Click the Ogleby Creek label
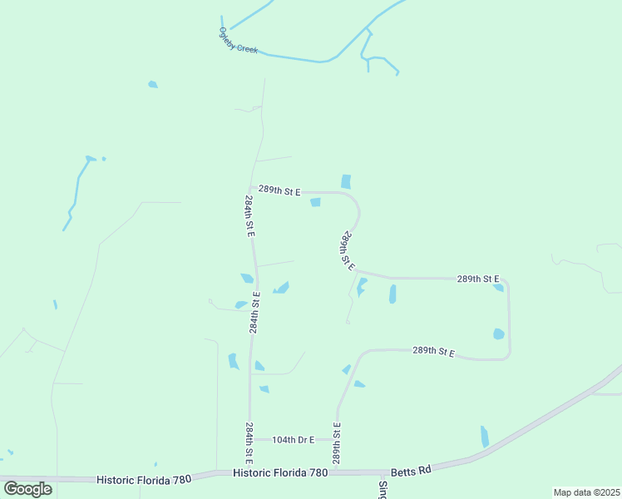239,41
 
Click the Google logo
27,488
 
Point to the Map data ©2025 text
586,492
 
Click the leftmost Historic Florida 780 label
144,479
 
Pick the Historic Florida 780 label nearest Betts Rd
280,472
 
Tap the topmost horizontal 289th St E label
279,190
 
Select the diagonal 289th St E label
348,251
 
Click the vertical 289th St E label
338,443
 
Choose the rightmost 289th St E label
478,279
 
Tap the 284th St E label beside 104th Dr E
249,442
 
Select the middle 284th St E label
254,313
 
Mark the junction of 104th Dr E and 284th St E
249,439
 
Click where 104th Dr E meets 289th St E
337,439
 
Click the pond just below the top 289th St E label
316,203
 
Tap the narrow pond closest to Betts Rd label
485,437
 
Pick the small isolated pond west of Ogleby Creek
152,84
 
